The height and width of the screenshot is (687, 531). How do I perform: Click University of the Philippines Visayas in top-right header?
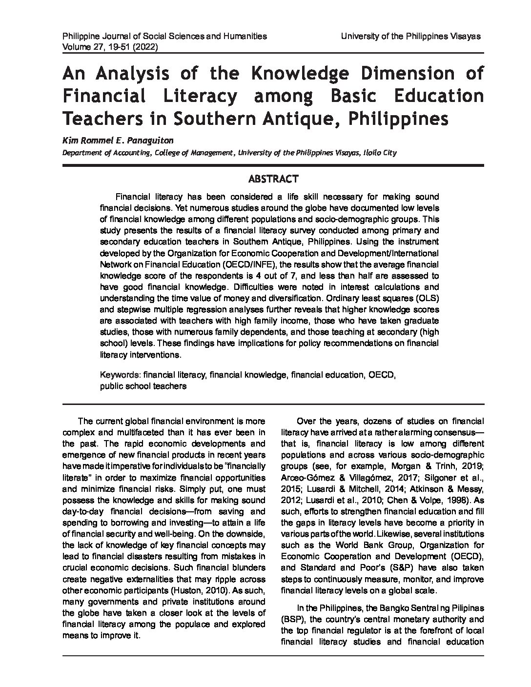[411, 36]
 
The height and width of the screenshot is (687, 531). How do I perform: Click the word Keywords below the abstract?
[120, 375]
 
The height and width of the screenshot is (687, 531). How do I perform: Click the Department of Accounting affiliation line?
[229, 153]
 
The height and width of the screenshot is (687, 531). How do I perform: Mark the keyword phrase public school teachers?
[143, 385]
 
